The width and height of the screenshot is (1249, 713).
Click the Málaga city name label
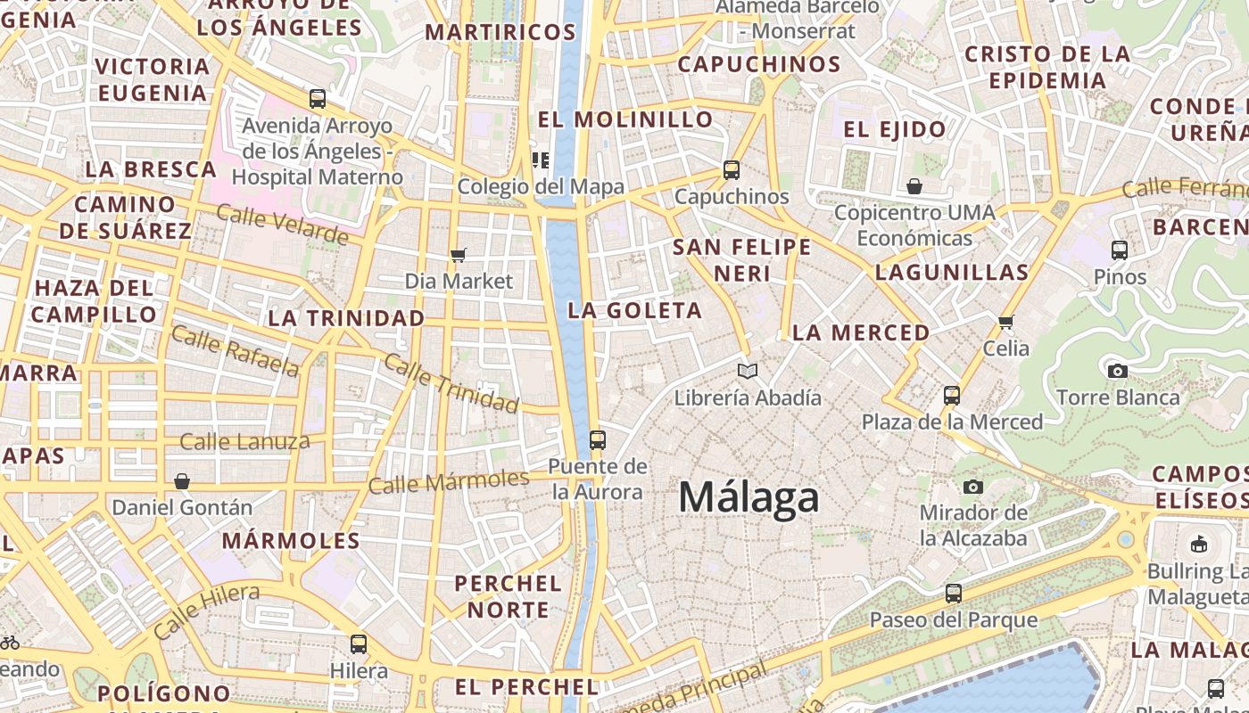749,496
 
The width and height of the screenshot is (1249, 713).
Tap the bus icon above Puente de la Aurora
598,439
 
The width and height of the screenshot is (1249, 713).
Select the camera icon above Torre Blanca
1117,371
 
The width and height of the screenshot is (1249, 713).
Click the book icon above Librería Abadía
748,371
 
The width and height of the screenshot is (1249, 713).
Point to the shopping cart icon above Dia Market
459,256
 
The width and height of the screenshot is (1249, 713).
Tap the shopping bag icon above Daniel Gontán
182,481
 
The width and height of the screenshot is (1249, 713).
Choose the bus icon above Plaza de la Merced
952,395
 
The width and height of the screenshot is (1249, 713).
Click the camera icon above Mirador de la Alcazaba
973,487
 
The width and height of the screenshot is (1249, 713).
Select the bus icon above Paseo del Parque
954,593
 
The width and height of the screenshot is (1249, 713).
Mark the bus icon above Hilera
359,643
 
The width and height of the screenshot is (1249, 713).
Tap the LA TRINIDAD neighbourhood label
346,318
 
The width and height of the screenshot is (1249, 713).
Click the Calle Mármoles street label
448,482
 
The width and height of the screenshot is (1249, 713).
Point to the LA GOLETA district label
635,311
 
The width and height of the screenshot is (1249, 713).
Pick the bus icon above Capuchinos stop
732,169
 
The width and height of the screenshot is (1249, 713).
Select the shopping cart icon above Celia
1006,322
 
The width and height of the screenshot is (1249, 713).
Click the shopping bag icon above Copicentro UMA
914,186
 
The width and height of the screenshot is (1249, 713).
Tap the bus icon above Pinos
1120,250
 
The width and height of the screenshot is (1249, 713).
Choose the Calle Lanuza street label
244,441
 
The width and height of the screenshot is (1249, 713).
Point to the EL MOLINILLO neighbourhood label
625,119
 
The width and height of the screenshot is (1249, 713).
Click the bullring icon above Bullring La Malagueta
1199,544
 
